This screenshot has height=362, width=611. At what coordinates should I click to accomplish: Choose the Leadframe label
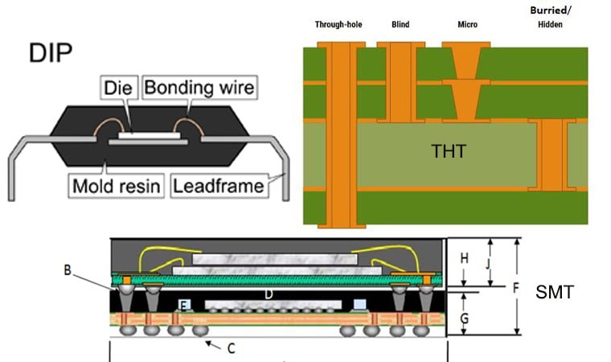pos(219,187)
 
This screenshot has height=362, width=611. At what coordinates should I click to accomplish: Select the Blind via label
pos(400,24)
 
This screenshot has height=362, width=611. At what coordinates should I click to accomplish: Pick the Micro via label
pos(467,24)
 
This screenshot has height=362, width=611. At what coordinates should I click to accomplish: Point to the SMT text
pos(555,292)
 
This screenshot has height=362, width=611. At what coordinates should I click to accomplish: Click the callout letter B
pos(68,269)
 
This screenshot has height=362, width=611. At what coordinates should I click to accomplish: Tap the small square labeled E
pos(184,305)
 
